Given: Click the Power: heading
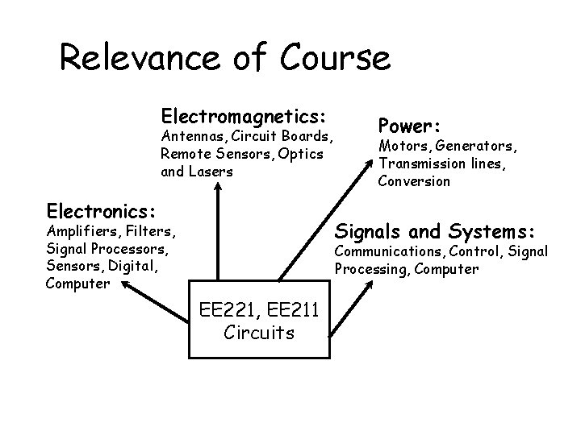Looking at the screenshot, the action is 409,126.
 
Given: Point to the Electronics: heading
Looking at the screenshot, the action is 100,211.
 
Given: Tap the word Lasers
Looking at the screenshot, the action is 211,172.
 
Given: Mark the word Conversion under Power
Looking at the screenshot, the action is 415,181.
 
